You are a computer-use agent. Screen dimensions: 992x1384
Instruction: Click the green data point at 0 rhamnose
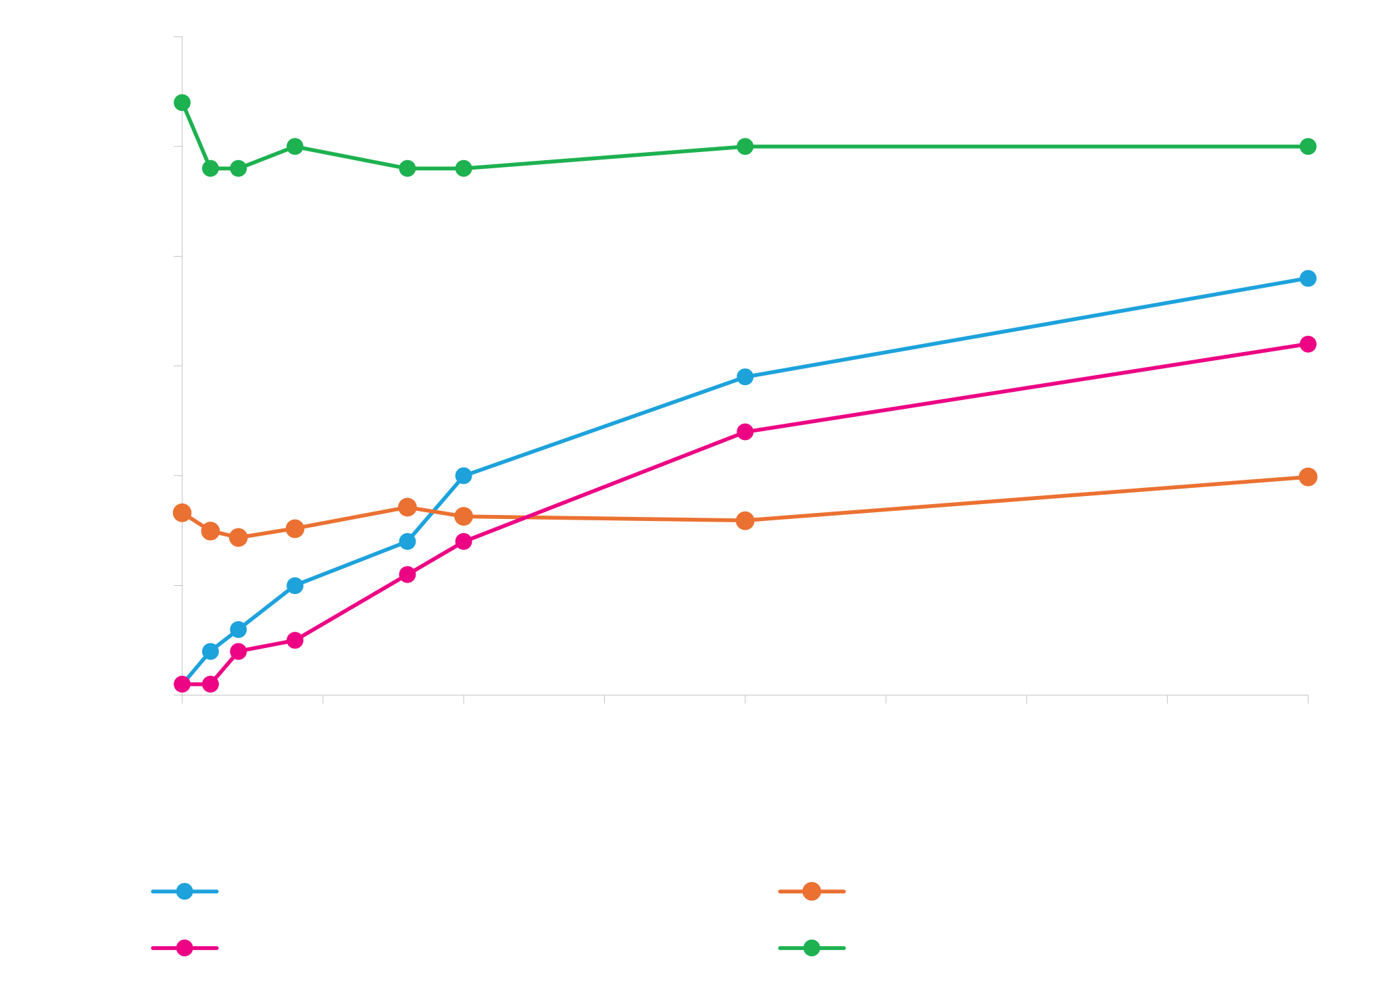[x=182, y=103]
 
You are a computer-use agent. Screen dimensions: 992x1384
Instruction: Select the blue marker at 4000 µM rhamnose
[x=1308, y=278]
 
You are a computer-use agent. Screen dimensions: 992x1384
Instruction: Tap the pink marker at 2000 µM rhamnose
[x=745, y=432]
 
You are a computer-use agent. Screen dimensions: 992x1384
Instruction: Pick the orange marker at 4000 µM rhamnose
[x=1308, y=477]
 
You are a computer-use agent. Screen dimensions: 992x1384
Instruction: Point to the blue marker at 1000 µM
[x=463, y=476]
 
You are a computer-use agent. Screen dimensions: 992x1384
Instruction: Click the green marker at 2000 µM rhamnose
[x=745, y=147]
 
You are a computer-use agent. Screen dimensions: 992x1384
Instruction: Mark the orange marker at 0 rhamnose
[x=182, y=513]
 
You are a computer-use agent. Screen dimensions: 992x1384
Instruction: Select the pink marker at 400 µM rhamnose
[x=295, y=640]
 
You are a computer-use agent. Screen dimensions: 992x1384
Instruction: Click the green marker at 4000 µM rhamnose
[x=1308, y=147]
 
